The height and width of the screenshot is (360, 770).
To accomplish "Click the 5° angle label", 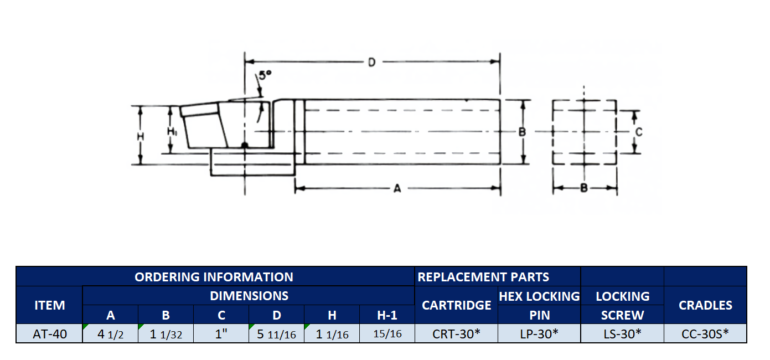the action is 265,75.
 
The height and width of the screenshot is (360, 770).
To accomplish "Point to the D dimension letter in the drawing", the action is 371,62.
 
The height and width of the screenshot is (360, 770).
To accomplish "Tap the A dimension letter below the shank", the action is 397,188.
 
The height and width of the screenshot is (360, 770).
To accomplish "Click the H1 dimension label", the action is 172,131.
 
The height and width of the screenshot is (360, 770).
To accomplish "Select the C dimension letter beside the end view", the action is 639,132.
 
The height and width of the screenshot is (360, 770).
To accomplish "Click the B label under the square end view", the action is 583,188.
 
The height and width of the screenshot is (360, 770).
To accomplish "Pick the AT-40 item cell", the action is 50,334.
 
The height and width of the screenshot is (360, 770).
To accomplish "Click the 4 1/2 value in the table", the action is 110,334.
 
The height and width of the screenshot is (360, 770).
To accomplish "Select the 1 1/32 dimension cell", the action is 166,334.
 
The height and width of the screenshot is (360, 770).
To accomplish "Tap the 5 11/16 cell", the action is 276,334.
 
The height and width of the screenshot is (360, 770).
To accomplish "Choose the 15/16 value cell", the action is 387,333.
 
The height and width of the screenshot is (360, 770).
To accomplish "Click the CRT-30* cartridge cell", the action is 456,333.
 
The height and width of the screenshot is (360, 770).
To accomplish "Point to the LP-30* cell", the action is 539,333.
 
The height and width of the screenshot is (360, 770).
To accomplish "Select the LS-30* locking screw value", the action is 622,333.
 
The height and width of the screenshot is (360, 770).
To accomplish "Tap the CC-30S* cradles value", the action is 705,333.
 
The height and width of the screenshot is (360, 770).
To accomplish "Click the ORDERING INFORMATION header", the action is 214,277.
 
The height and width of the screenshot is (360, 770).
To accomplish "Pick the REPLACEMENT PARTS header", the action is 483,277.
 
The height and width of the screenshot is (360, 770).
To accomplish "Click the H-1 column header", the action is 387,315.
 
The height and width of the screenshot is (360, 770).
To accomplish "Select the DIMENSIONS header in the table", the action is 249,296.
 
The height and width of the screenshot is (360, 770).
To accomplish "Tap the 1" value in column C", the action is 221,333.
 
